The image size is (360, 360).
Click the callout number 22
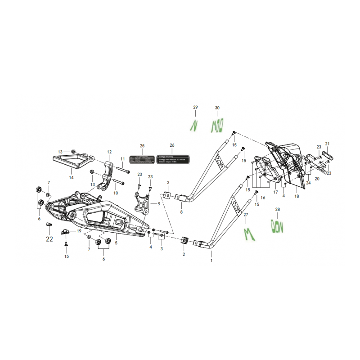click(49, 239)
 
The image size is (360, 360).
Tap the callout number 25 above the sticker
click(142, 146)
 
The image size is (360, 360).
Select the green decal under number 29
click(194, 125)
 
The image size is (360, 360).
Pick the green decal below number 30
click(217, 125)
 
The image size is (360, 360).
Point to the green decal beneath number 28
click(278, 226)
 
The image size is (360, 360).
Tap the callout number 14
click(71, 178)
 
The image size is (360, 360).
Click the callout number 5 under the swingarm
click(116, 243)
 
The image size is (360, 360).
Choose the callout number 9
click(159, 203)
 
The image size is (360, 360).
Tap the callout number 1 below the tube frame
click(211, 260)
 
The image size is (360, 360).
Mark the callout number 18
click(296, 197)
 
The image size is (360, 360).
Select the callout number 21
click(327, 144)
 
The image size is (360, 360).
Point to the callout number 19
click(79, 231)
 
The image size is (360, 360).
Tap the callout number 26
click(172, 146)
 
